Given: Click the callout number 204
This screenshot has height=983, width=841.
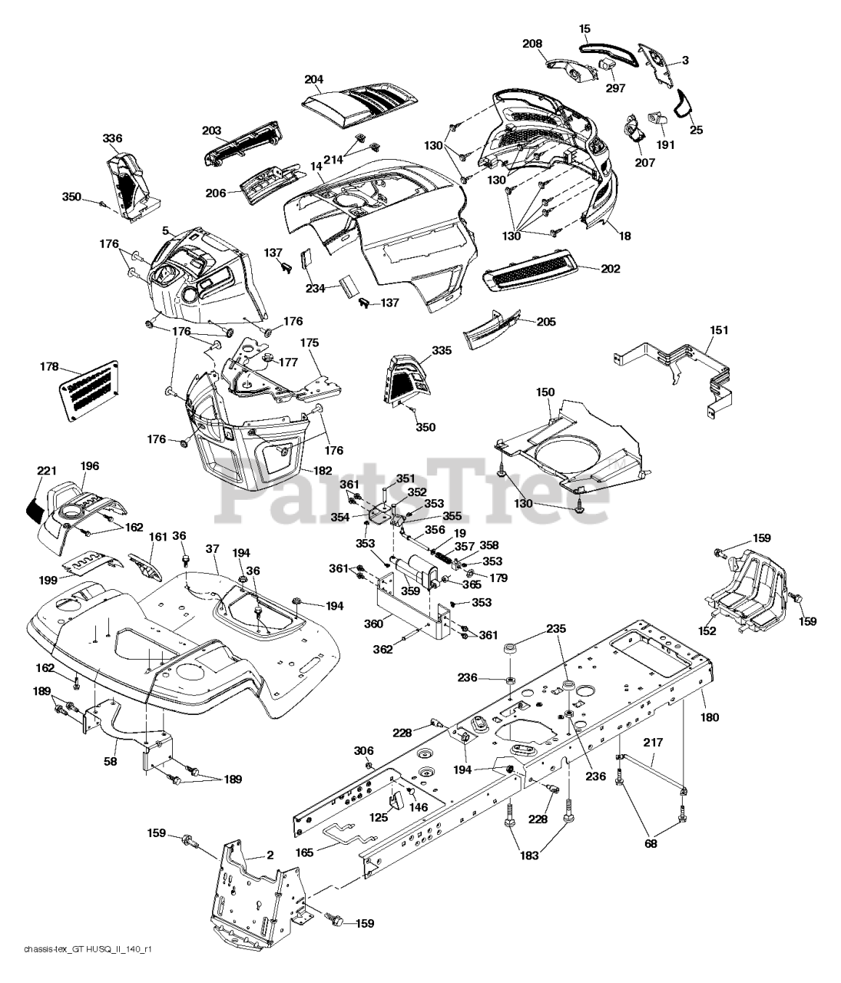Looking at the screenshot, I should pos(313,79).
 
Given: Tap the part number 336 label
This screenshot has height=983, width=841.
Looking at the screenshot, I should pos(112,138).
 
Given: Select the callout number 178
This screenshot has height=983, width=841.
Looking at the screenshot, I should pos(48,368).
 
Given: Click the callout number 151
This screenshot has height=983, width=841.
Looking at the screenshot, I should pos(719,330).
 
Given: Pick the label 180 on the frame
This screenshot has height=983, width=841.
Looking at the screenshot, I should pos(710,717).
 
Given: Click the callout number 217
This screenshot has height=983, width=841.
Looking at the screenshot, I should pos(653,743).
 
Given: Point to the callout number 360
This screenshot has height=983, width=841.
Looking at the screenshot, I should pos(373,624).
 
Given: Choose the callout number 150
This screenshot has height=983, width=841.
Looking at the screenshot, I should pos(545,392).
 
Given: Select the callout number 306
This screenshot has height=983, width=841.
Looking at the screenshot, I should pos(363,750).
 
